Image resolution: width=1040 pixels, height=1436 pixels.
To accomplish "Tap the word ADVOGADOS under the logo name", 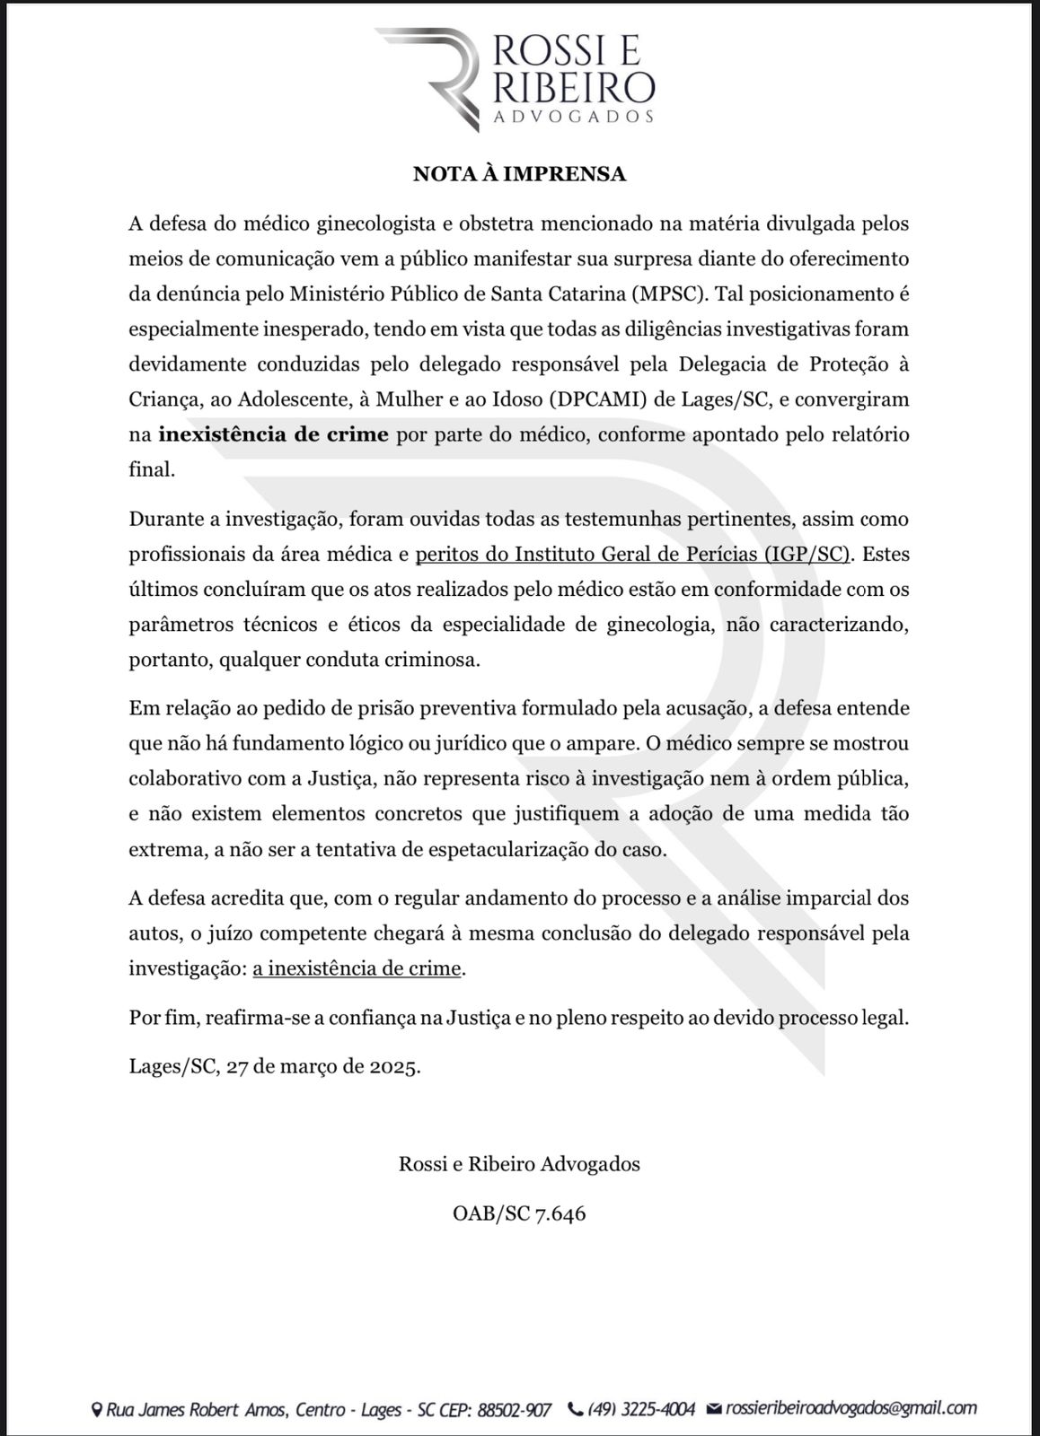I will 574,117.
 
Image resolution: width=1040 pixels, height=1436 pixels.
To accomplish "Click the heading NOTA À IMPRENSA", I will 519,174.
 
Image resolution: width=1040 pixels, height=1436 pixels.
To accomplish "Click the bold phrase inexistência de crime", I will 274,435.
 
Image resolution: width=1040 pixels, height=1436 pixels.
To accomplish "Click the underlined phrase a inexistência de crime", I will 357,968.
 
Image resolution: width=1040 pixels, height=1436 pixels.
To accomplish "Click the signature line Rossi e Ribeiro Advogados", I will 519,1164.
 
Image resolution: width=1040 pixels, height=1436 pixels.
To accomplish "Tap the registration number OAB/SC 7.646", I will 519,1214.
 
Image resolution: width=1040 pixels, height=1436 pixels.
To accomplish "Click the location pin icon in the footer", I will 97,1410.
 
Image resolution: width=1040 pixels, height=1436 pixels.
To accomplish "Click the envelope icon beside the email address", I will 715,1409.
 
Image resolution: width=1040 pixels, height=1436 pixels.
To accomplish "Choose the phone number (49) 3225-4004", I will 641,1409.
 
